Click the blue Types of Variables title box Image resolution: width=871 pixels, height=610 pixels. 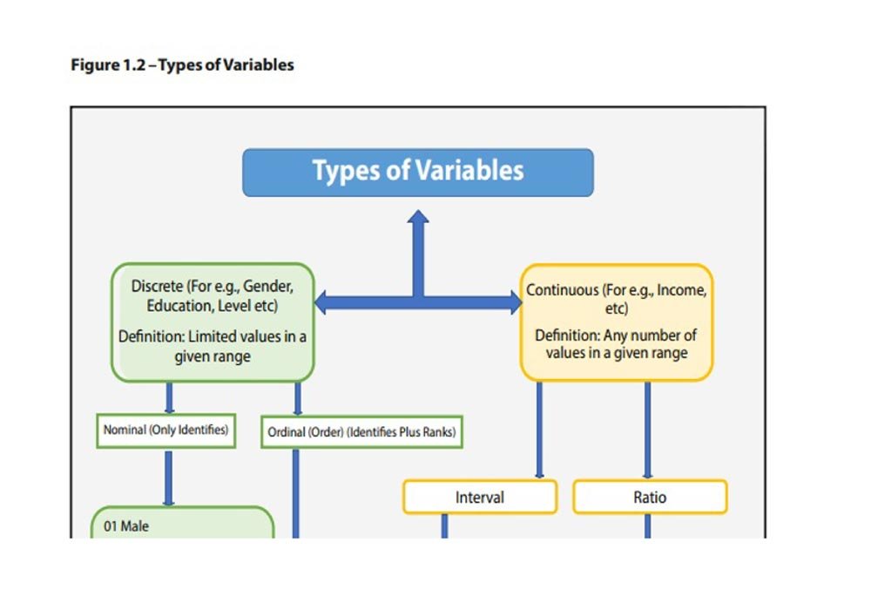(x=418, y=172)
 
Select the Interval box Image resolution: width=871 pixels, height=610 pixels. (x=479, y=498)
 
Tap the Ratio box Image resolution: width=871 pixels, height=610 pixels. (x=650, y=498)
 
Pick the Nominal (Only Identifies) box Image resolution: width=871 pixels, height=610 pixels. (x=165, y=430)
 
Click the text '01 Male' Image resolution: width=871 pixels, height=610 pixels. (x=126, y=526)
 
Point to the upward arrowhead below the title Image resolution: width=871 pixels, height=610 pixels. (x=419, y=218)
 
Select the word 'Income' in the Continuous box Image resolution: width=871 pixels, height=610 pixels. (x=682, y=290)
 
